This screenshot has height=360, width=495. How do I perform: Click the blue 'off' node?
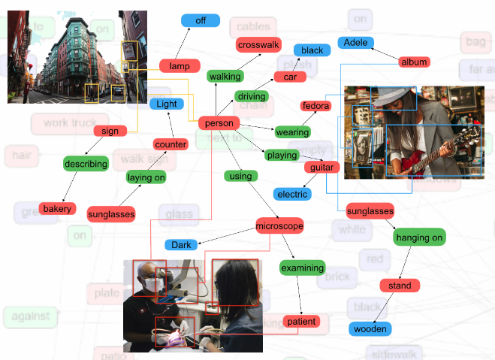tap(201, 20)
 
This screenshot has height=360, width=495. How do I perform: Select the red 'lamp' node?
tap(180, 66)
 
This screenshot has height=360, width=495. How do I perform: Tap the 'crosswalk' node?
tap(258, 45)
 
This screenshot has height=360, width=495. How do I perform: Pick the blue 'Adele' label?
tap(355, 43)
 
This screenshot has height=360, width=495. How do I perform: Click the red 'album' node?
tap(414, 62)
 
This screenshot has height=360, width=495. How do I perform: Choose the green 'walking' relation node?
tap(225, 76)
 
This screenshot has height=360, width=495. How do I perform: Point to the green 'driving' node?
tap(251, 96)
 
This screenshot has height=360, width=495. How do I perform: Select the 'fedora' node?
tap(315, 106)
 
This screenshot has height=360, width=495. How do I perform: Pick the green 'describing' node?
tap(86, 163)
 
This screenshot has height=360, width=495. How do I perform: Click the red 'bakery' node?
tap(57, 208)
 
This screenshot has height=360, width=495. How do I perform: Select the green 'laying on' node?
tap(146, 177)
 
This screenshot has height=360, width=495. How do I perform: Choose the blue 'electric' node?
tap(292, 194)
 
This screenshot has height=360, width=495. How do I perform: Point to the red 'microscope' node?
tap(279, 225)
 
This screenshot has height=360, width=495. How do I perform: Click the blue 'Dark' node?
tap(181, 245)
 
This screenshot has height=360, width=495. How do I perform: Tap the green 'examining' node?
tap(302, 268)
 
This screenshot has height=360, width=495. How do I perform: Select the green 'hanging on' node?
tap(420, 237)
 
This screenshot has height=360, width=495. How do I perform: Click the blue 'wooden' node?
tap(370, 328)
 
